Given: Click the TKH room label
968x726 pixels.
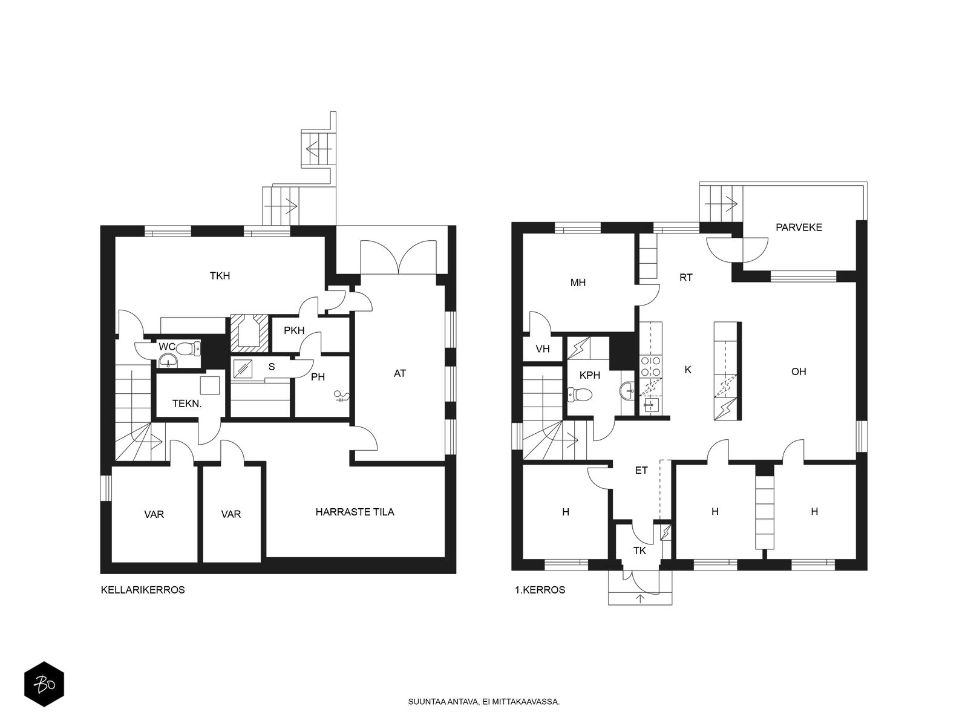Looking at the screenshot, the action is point(220,276).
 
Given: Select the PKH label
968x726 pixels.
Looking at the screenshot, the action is point(294,330).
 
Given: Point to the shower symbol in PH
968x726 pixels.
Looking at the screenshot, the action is point(342,396).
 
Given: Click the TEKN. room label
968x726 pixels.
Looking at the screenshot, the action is point(187,404).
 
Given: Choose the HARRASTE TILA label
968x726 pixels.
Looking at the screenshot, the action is point(355,512).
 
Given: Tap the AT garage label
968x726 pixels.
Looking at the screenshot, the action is point(399,373).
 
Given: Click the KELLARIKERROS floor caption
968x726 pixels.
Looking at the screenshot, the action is point(143,590).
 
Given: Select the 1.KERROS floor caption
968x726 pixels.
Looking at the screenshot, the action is point(540,590).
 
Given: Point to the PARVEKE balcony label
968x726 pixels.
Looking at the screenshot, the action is point(799,227).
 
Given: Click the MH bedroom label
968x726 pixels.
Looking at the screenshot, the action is point(578,283).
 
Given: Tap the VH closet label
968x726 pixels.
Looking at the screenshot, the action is point(543,349).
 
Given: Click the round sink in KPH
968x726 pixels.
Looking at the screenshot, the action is point(627,390).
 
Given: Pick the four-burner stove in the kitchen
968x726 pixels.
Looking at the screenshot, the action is point(651,366).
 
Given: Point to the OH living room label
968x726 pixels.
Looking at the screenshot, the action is point(799,371).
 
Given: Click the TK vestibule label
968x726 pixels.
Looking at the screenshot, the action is point(639,551).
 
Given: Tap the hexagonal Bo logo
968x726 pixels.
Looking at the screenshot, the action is point(44,684).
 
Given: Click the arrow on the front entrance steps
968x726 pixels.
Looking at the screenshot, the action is point(640,598).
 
